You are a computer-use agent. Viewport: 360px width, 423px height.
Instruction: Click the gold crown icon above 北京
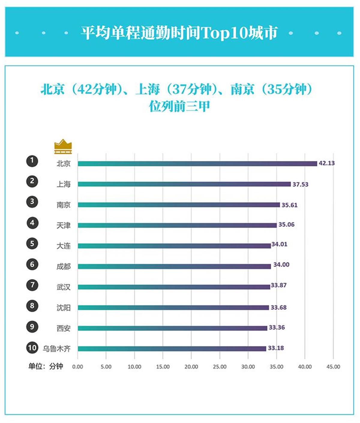[63, 146]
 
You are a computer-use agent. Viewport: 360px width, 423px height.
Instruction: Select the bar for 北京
[197, 163]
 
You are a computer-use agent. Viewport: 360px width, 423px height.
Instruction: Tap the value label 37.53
[300, 184]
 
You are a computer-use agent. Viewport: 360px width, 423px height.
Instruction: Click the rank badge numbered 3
[32, 202]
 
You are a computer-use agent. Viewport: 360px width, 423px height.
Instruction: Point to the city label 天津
[64, 225]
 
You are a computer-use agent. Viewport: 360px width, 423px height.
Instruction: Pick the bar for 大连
[174, 246]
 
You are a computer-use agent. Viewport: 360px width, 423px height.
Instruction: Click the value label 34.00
[281, 265]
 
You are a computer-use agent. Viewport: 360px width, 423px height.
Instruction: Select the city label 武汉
[64, 287]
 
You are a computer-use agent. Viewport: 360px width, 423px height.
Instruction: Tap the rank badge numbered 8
[32, 306]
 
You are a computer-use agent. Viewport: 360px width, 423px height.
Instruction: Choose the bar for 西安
[172, 328]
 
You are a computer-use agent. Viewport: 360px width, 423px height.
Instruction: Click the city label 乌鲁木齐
[56, 349]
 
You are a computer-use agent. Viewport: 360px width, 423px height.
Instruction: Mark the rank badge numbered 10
[32, 348]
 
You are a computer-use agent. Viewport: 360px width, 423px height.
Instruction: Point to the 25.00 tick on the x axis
[220, 367]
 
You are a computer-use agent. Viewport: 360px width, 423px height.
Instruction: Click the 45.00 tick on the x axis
[333, 367]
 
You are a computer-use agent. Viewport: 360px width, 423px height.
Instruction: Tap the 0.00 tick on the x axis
[78, 367]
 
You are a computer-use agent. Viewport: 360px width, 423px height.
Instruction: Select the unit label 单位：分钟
[46, 366]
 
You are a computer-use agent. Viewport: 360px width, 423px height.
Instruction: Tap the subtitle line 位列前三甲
[179, 106]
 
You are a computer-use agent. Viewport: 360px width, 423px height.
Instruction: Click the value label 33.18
[276, 348]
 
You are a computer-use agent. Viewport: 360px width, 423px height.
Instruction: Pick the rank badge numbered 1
[32, 161]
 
